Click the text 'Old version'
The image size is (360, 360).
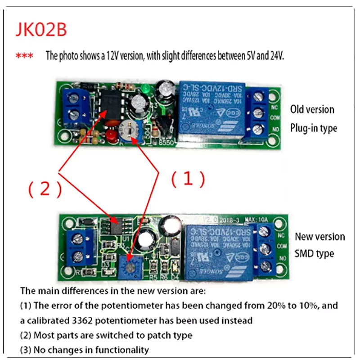pyautogui.click(x=312, y=109)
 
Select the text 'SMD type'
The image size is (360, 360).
pyautogui.click(x=315, y=253)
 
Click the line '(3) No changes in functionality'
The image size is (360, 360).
pyautogui.click(x=84, y=350)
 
